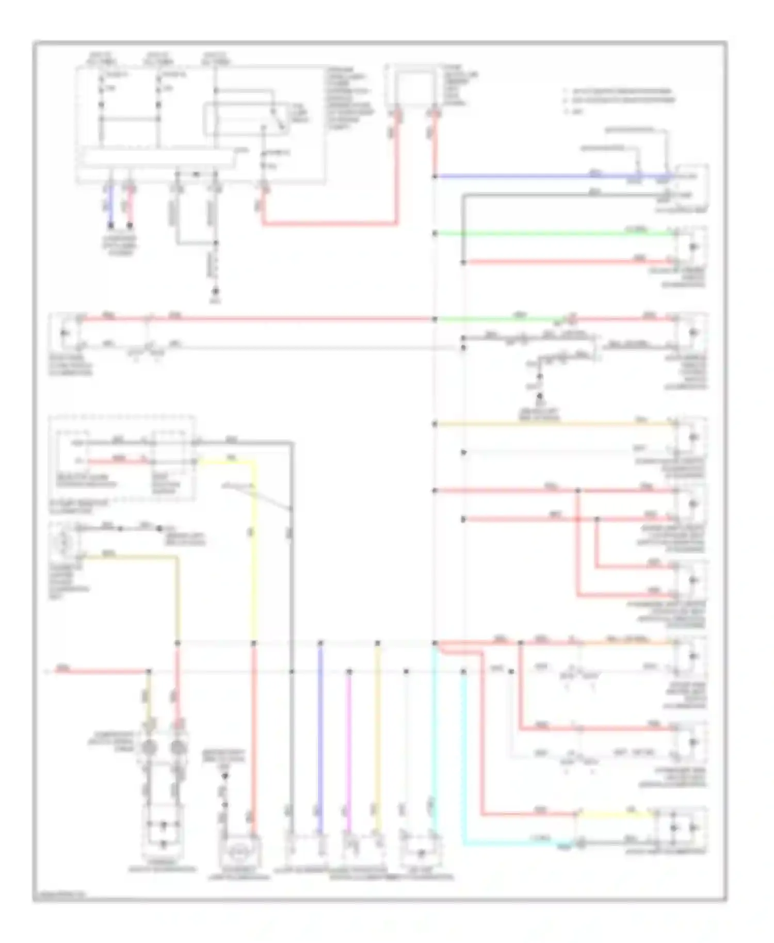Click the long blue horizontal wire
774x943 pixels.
(516, 176)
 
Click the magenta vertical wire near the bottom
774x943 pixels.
(349, 748)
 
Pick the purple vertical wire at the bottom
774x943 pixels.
(320, 733)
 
